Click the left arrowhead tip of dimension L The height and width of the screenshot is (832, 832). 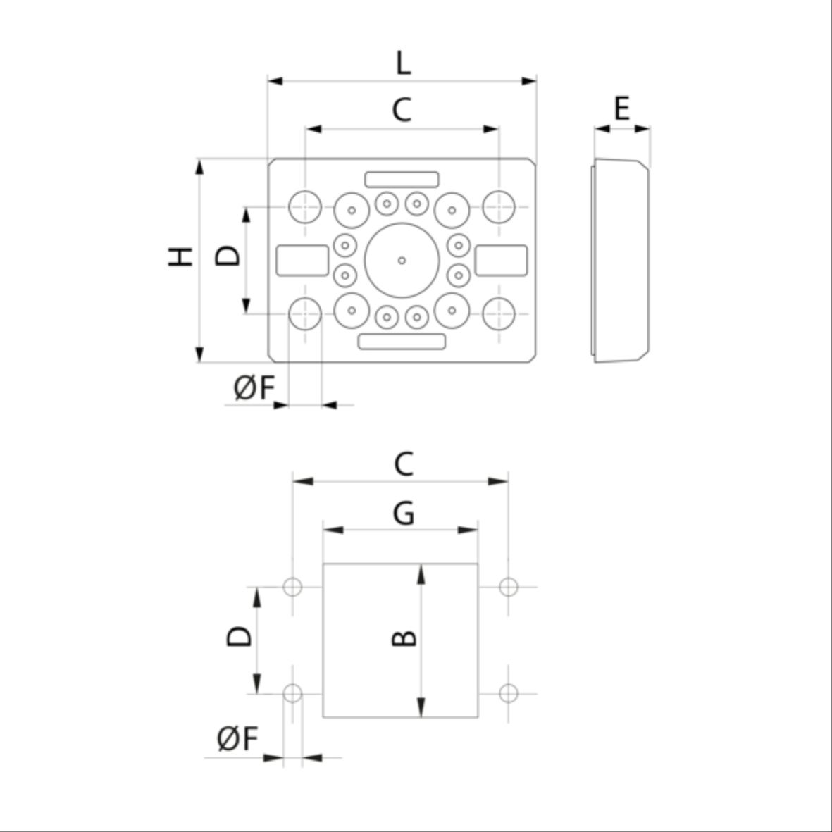pyautogui.click(x=268, y=81)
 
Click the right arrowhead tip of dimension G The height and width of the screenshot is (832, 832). pyautogui.click(x=478, y=530)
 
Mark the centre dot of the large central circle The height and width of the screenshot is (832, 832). pyautogui.click(x=402, y=261)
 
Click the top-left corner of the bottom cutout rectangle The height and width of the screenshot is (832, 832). pyautogui.click(x=323, y=564)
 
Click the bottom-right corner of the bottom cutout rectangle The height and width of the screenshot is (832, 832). pyautogui.click(x=478, y=717)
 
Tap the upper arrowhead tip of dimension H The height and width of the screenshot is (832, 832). pyautogui.click(x=199, y=159)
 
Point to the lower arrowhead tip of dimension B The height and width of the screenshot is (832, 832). pyautogui.click(x=421, y=717)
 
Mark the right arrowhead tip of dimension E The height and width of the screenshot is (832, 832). pyautogui.click(x=650, y=128)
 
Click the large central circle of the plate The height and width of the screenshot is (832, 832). pyautogui.click(x=402, y=261)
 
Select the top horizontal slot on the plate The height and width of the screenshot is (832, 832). pyautogui.click(x=402, y=180)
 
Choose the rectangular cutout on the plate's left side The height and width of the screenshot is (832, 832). pyautogui.click(x=302, y=261)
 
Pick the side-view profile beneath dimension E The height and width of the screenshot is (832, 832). pyautogui.click(x=620, y=261)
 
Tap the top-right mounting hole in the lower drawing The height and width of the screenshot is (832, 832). pyautogui.click(x=509, y=587)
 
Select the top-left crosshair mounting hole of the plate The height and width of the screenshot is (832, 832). pyautogui.click(x=305, y=207)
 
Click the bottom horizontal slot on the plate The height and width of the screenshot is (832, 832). pyautogui.click(x=402, y=342)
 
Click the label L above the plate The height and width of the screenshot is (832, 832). pyautogui.click(x=403, y=63)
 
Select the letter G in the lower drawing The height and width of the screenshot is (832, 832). pyautogui.click(x=403, y=514)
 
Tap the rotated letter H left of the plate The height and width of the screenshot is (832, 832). pyautogui.click(x=180, y=257)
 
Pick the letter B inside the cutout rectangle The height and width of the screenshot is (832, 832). pyautogui.click(x=404, y=638)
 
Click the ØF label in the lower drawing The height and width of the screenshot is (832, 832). pyautogui.click(x=237, y=738)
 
